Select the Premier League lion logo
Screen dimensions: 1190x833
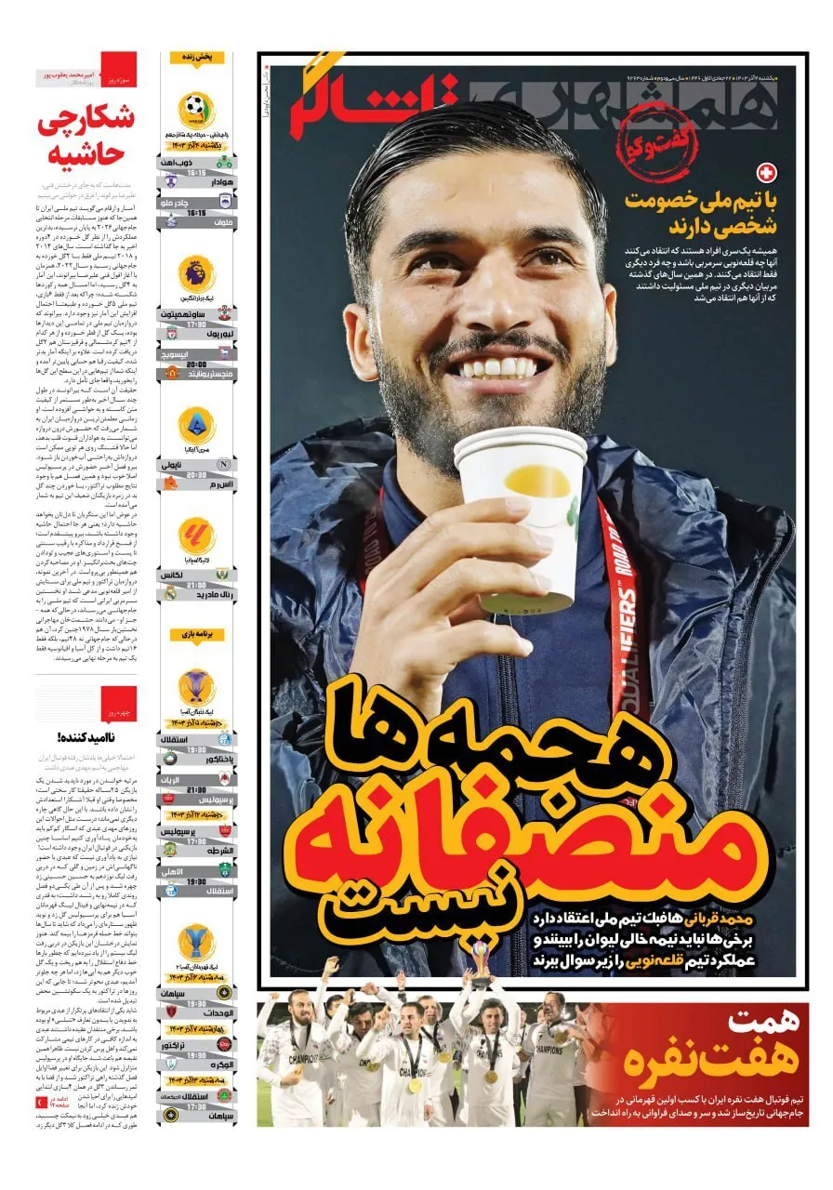point(196,273)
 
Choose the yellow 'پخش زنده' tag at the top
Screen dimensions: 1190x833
point(196,58)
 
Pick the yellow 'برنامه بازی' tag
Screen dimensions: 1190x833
point(196,634)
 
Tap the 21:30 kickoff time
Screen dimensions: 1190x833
point(196,788)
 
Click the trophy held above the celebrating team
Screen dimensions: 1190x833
point(481,958)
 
